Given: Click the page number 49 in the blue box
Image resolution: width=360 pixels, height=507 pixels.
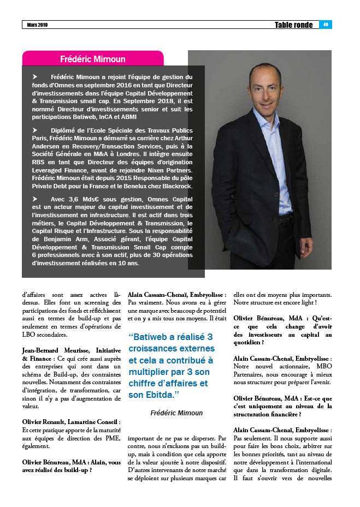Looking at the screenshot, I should click(325, 25).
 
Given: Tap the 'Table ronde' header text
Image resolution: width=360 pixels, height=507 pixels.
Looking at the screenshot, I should click(294, 25).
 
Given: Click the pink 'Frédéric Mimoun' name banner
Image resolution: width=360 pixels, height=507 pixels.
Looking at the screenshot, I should click(92, 59).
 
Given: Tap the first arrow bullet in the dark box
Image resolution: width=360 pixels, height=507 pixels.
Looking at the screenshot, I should click(36, 77).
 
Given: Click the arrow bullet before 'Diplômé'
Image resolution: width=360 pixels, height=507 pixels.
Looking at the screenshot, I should click(36, 130).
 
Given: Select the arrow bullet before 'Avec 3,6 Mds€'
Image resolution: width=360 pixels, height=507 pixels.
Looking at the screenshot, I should click(36, 199).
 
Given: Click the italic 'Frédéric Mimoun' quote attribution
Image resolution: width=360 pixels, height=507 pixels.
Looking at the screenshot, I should click(176, 413).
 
